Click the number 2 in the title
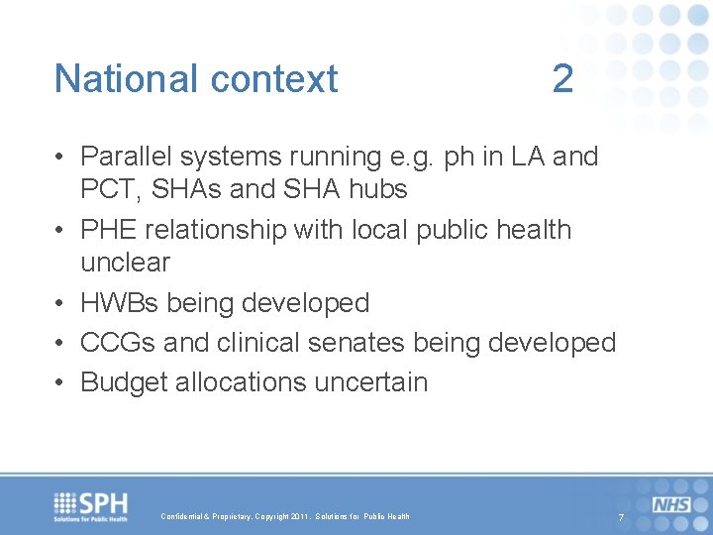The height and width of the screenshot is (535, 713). click(x=562, y=78)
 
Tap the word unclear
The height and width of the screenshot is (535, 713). click(x=125, y=263)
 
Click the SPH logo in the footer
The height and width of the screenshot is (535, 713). click(x=91, y=506)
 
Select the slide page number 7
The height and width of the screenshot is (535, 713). click(x=621, y=519)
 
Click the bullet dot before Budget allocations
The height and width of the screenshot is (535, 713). click(x=61, y=383)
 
